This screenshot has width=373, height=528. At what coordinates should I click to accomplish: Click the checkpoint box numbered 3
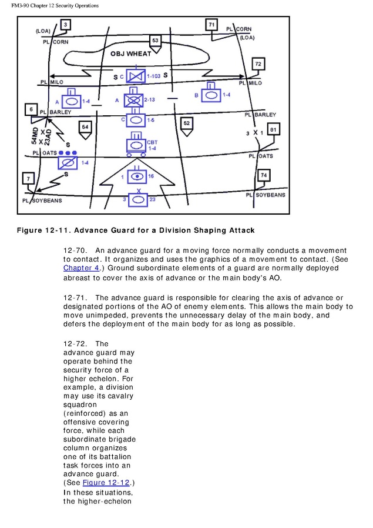pos(66,24)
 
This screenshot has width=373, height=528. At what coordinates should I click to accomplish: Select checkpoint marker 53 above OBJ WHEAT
pos(155,41)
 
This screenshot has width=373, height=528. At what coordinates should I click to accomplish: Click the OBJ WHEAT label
pos(131,54)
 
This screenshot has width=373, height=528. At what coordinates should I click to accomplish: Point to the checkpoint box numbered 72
pos(258,64)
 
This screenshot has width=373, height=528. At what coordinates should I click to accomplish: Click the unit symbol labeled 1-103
pos(136,77)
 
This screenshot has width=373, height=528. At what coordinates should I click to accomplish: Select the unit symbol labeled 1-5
pos(136,120)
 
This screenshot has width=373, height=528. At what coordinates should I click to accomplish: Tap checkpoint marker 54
pos(86,128)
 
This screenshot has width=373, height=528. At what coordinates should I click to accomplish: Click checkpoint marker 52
pos(186,124)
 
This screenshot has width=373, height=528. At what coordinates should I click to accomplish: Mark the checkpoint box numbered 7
pos(27,178)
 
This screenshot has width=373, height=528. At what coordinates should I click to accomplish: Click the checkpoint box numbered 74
pos(264,176)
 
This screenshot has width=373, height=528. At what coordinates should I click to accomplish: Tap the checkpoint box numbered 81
pos(273,129)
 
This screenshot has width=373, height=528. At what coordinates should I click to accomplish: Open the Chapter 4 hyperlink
pos(78,268)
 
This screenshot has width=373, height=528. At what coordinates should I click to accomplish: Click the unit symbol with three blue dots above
pos(68,163)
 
